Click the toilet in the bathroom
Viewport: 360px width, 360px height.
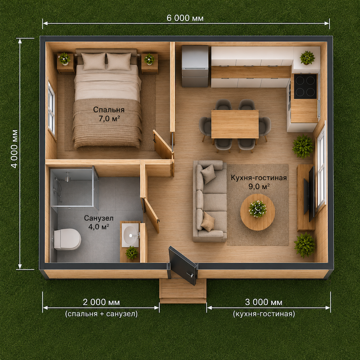[x=67, y=239]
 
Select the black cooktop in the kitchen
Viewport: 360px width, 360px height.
[x=306, y=86]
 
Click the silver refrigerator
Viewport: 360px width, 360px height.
[x=195, y=66]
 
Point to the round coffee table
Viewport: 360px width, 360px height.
[x=257, y=212]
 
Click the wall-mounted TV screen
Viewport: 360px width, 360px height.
[x=310, y=194]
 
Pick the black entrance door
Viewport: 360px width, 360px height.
[x=183, y=265]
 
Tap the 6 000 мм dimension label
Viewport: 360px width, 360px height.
[x=185, y=18]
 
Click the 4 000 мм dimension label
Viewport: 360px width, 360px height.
[x=14, y=149]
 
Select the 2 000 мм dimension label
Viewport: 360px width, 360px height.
[x=101, y=302]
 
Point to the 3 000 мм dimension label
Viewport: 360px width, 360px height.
[x=264, y=302]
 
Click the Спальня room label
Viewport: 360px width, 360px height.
[x=109, y=109]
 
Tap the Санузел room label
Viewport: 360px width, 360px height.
[x=99, y=218]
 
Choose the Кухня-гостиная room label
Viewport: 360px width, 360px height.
[x=259, y=178]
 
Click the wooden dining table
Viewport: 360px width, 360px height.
[x=235, y=124]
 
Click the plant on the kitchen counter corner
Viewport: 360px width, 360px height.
[x=307, y=58]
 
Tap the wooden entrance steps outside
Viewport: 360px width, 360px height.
[x=183, y=291]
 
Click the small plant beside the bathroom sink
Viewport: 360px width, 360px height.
[x=132, y=252]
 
